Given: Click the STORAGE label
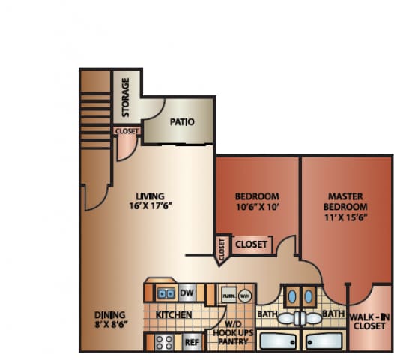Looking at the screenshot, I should pos(126,98).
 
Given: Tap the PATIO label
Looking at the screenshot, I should pos(183,121).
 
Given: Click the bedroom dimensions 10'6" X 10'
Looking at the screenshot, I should pos(256,207).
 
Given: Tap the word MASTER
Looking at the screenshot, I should pos(346,195).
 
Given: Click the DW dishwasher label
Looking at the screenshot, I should pos(187,292).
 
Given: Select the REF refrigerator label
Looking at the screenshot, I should pos(192,342).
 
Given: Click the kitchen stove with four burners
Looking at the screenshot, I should pos(165,342).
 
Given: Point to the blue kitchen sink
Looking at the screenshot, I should pos(166,292).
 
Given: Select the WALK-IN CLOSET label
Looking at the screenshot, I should pos(369,322).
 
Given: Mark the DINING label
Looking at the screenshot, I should pos(109,314).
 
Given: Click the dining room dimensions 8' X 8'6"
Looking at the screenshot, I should pos(109,325).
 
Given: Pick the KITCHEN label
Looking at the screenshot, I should pos(174,315).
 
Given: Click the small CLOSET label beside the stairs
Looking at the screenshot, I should pos(127,131).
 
